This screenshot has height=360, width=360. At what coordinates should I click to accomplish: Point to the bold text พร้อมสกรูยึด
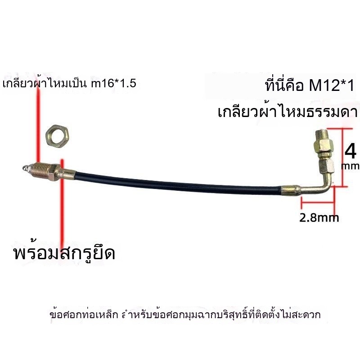pyautogui.click(x=64, y=253)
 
